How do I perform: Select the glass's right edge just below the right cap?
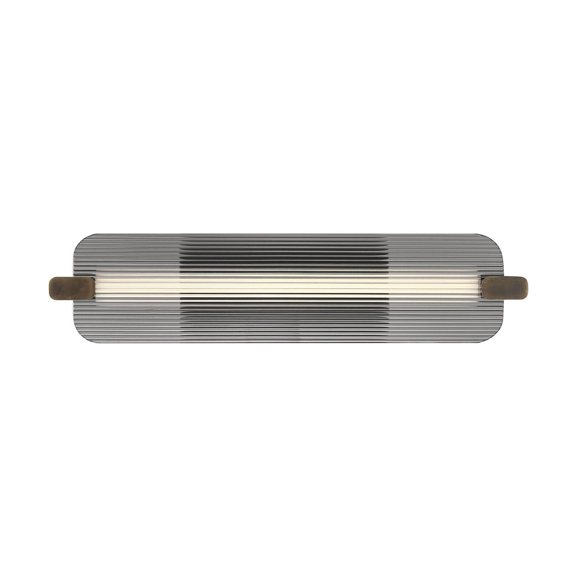pyautogui.click(x=505, y=306)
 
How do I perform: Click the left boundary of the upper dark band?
pyautogui.click(x=180, y=255)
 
